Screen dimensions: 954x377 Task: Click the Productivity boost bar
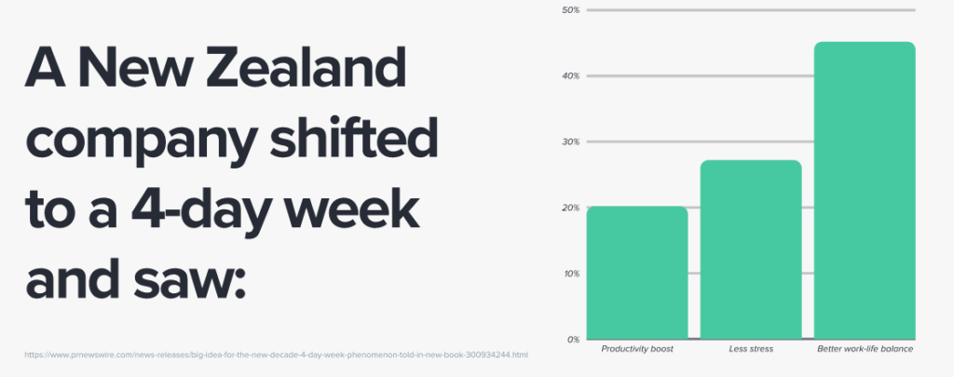pyautogui.click(x=637, y=273)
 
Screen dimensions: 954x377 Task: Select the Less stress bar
pyautogui.click(x=751, y=249)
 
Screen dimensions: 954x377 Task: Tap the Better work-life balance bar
pyautogui.click(x=865, y=190)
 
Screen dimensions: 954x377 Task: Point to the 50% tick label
pyautogui.click(x=571, y=9)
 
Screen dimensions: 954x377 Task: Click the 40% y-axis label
pyautogui.click(x=571, y=76)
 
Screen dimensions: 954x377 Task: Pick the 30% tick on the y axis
pyautogui.click(x=571, y=141)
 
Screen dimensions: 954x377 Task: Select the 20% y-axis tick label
pyautogui.click(x=571, y=208)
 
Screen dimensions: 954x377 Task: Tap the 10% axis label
pyautogui.click(x=571, y=274)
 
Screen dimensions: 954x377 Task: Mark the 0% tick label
pyautogui.click(x=573, y=340)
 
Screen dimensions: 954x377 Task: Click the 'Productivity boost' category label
pyautogui.click(x=637, y=349)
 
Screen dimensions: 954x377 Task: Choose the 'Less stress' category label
pyautogui.click(x=751, y=349)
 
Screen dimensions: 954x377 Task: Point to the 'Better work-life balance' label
pyautogui.click(x=865, y=349)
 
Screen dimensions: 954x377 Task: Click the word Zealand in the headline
pyautogui.click(x=306, y=67)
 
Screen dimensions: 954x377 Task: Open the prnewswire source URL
pyautogui.click(x=276, y=355)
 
